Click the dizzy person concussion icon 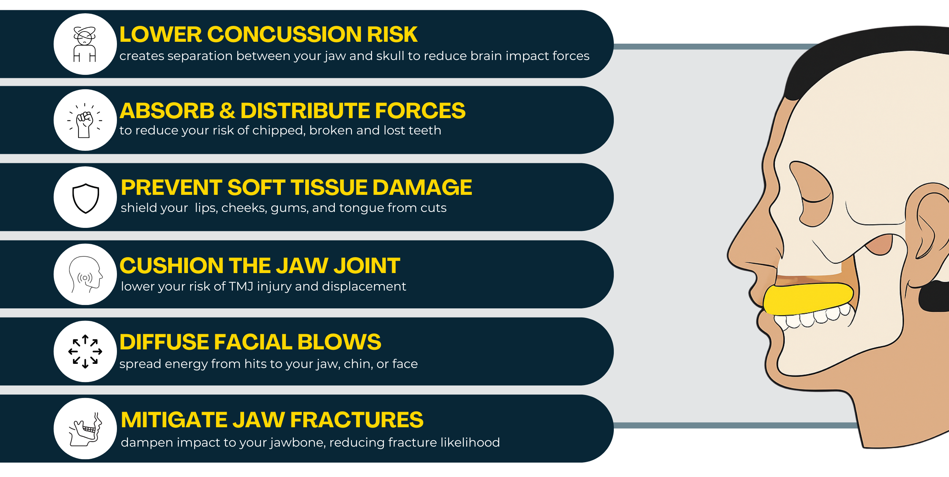85,44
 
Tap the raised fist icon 85,120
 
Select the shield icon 86,198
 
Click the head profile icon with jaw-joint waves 85,274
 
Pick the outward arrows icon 85,351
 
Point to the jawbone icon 85,429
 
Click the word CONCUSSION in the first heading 284,35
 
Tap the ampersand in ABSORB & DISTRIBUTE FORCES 227,111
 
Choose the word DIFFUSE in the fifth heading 164,342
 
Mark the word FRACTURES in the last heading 357,420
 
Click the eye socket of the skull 812,194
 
